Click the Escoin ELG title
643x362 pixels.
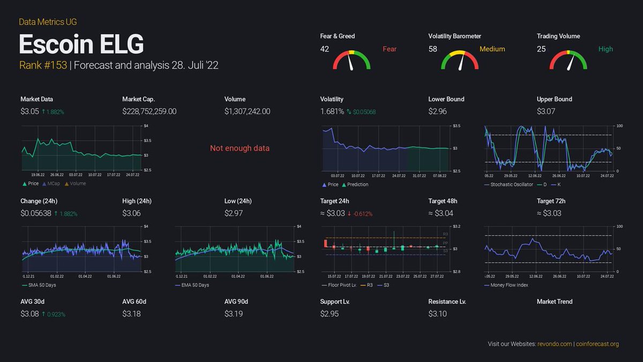pyautogui.click(x=81, y=45)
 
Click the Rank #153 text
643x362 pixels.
pyautogui.click(x=42, y=65)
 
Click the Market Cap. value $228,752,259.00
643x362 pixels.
pyautogui.click(x=149, y=112)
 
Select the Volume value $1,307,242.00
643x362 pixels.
pyautogui.click(x=247, y=112)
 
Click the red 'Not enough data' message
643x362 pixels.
pyautogui.click(x=240, y=148)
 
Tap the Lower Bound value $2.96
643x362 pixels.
pyautogui.click(x=438, y=112)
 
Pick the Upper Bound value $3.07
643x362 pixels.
pyautogui.click(x=546, y=112)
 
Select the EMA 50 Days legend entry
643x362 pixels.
pyautogui.click(x=195, y=285)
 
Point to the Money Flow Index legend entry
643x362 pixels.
pyautogui.click(x=509, y=285)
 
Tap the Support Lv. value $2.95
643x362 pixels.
pyautogui.click(x=330, y=314)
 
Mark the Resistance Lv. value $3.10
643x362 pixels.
pyautogui.click(x=438, y=314)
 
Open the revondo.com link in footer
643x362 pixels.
pyautogui.click(x=555, y=344)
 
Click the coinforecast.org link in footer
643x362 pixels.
pyautogui.click(x=597, y=344)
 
